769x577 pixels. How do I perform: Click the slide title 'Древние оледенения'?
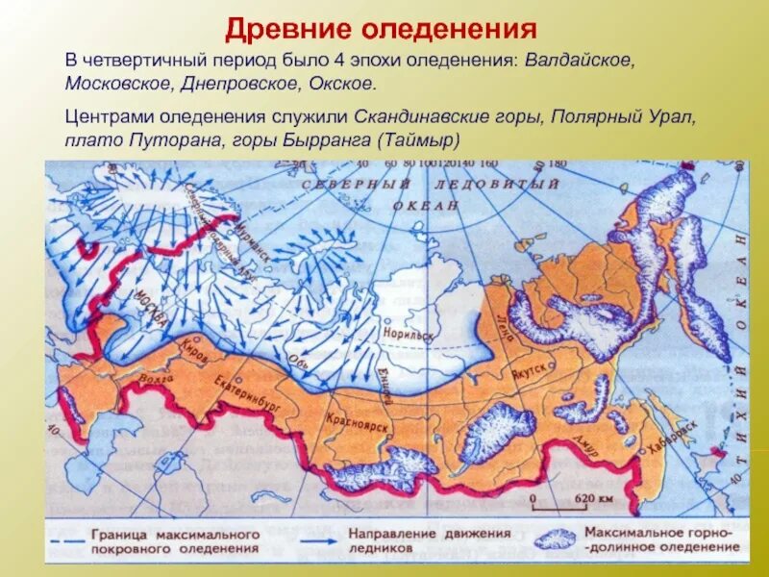(x=380, y=27)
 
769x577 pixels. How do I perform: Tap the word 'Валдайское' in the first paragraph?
(x=579, y=60)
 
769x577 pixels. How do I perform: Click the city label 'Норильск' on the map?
(x=409, y=329)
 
